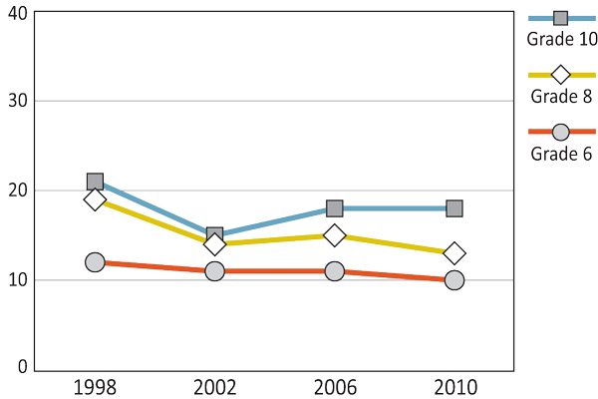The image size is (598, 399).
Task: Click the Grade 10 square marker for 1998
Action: coord(95,182)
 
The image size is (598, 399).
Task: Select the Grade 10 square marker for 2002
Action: coord(214,235)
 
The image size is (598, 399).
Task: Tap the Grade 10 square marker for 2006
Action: coord(334,208)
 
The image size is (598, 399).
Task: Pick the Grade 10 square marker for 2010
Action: coord(453,208)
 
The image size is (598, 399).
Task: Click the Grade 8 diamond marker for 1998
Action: coord(95,199)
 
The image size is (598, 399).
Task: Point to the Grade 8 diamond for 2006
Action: coord(334,235)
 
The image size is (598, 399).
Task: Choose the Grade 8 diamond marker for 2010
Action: coord(453,253)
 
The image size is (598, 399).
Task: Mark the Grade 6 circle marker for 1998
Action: coord(95,262)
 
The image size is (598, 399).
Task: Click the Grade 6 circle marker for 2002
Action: coord(214,271)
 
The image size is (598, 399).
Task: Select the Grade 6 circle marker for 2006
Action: coord(334,271)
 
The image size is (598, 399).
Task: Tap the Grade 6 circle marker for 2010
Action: coord(453,280)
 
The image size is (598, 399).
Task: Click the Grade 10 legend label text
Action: coord(562,40)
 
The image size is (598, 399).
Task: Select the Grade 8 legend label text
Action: coord(561,97)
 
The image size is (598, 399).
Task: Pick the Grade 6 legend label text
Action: coord(561,154)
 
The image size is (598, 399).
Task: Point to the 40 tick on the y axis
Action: coord(16,13)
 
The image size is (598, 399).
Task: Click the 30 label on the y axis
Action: coord(16,102)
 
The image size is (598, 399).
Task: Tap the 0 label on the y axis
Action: coord(21,367)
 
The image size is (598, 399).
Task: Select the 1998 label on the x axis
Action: coord(95,387)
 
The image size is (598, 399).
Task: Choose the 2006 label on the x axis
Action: coord(334,387)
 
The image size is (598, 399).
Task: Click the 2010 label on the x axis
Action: coord(453,387)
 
